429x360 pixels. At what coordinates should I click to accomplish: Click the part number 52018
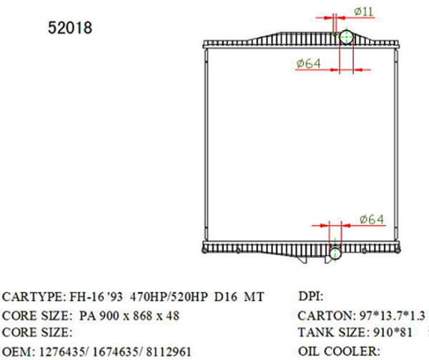(70, 29)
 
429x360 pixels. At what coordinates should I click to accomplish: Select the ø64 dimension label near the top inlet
(307, 64)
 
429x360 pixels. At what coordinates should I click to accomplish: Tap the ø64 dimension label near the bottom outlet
(372, 219)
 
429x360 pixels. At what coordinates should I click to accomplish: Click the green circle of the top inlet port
(345, 37)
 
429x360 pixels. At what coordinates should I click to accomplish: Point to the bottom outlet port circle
(336, 253)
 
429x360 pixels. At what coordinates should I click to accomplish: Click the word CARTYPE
(32, 296)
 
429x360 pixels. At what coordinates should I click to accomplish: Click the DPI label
(310, 296)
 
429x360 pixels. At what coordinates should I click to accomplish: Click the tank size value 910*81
(394, 332)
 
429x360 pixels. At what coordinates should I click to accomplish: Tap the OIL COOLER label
(337, 351)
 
